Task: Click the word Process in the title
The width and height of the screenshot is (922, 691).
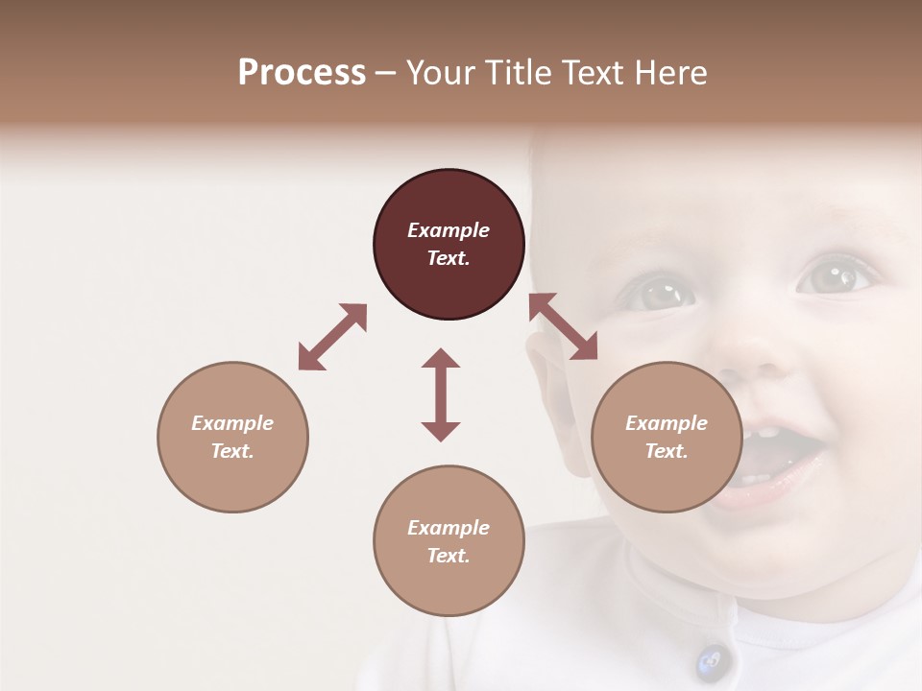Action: click(302, 73)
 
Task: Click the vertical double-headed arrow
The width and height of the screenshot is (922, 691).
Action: click(441, 394)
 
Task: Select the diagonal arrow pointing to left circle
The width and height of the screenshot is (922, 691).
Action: click(332, 337)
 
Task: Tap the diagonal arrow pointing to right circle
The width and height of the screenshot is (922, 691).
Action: click(563, 326)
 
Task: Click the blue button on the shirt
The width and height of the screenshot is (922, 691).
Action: click(709, 659)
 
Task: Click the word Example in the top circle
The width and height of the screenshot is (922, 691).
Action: click(449, 230)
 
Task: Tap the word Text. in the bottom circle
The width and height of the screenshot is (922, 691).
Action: click(449, 556)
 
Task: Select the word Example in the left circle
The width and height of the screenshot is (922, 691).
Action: click(232, 423)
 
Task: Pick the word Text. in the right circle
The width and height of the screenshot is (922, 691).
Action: click(667, 451)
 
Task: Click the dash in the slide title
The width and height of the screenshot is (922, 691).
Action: click(385, 74)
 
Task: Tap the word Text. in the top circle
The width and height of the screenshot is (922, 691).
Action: click(449, 258)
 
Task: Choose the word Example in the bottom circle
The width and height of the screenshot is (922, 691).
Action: click(449, 528)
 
